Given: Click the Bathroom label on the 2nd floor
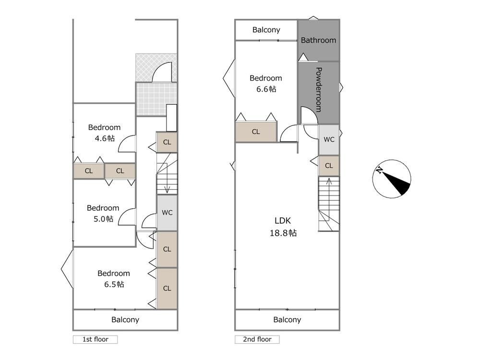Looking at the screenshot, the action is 318,40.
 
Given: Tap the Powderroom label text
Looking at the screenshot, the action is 319,90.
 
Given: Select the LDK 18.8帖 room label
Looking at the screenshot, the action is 283,227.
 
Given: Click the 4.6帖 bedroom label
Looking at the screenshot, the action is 104,133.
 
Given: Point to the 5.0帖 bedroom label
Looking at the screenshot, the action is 103,214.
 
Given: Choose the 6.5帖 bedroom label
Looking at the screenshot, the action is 114,278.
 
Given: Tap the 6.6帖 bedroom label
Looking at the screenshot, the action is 266,83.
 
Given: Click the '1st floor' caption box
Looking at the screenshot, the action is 95,339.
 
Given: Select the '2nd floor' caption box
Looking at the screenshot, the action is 257,339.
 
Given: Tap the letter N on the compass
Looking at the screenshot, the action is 379,170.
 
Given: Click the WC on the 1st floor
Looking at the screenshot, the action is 167,213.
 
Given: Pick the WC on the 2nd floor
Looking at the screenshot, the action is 329,140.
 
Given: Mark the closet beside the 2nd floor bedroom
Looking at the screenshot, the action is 256,132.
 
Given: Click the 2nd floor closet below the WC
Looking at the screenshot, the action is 329,166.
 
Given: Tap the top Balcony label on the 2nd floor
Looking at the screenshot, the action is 266,30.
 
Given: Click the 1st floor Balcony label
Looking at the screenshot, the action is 125,320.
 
